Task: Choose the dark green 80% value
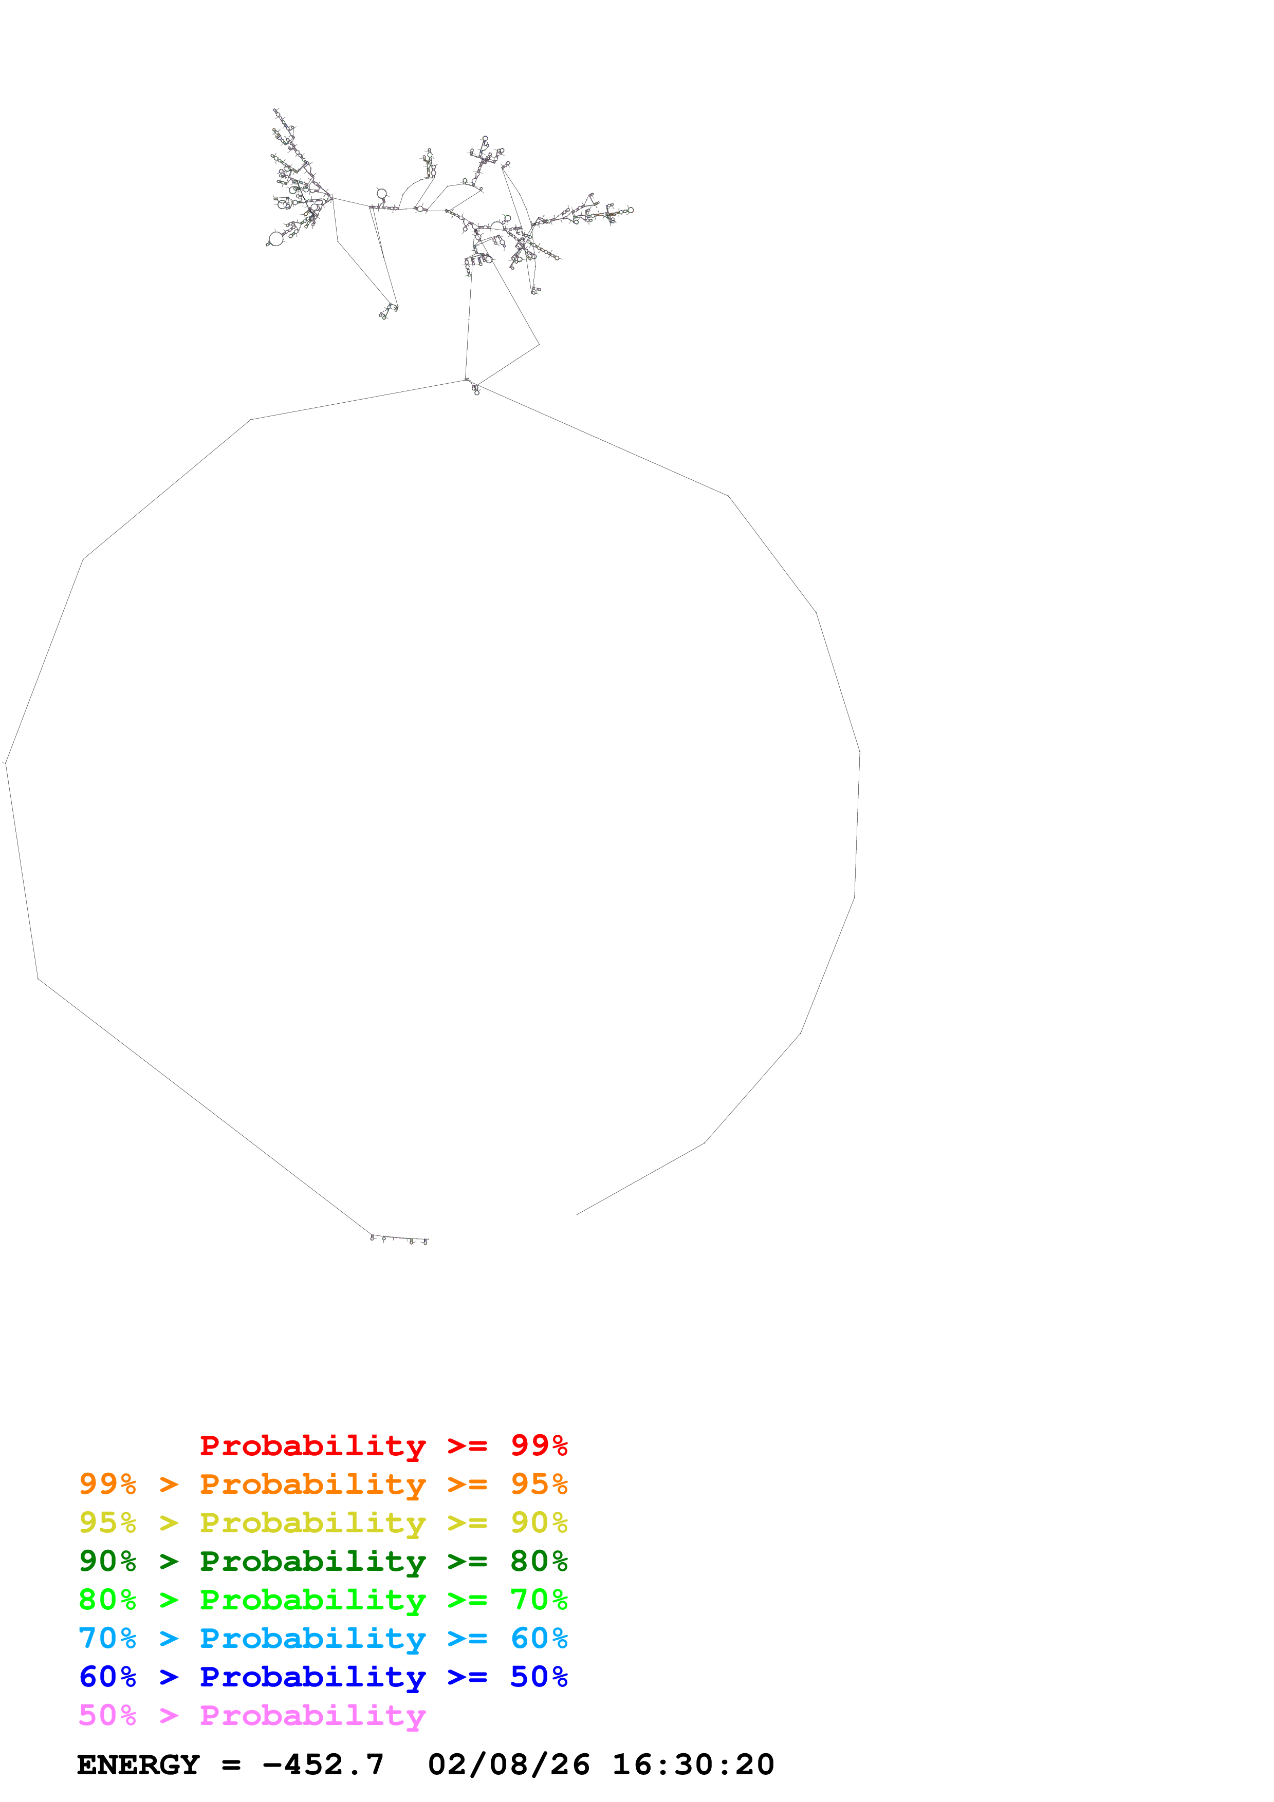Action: point(539,1561)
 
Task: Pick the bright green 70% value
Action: point(539,1600)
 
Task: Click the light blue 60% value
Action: point(539,1638)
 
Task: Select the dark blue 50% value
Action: point(539,1677)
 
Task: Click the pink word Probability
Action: point(312,1716)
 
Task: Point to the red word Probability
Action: point(312,1447)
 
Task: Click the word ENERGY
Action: point(138,1765)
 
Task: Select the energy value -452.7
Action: point(323,1765)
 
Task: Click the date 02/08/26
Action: point(509,1765)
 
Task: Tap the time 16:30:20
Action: point(693,1765)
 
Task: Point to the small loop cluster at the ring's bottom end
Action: point(399,1240)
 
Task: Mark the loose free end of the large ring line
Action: point(578,1214)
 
